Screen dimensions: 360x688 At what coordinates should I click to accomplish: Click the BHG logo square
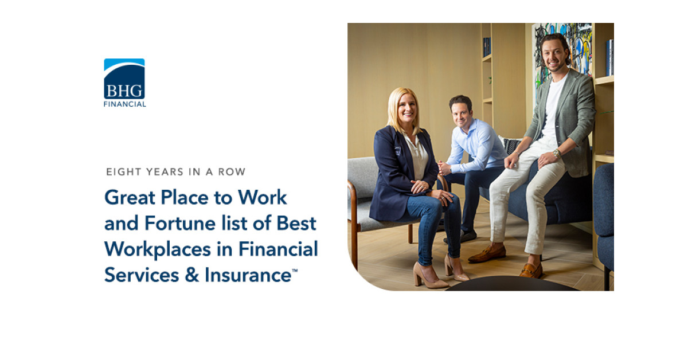click(124, 79)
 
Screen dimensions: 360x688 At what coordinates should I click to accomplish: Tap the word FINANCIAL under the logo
click(124, 104)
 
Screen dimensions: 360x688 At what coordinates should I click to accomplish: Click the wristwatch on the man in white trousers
click(556, 154)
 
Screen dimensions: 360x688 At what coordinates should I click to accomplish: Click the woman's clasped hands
click(421, 186)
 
